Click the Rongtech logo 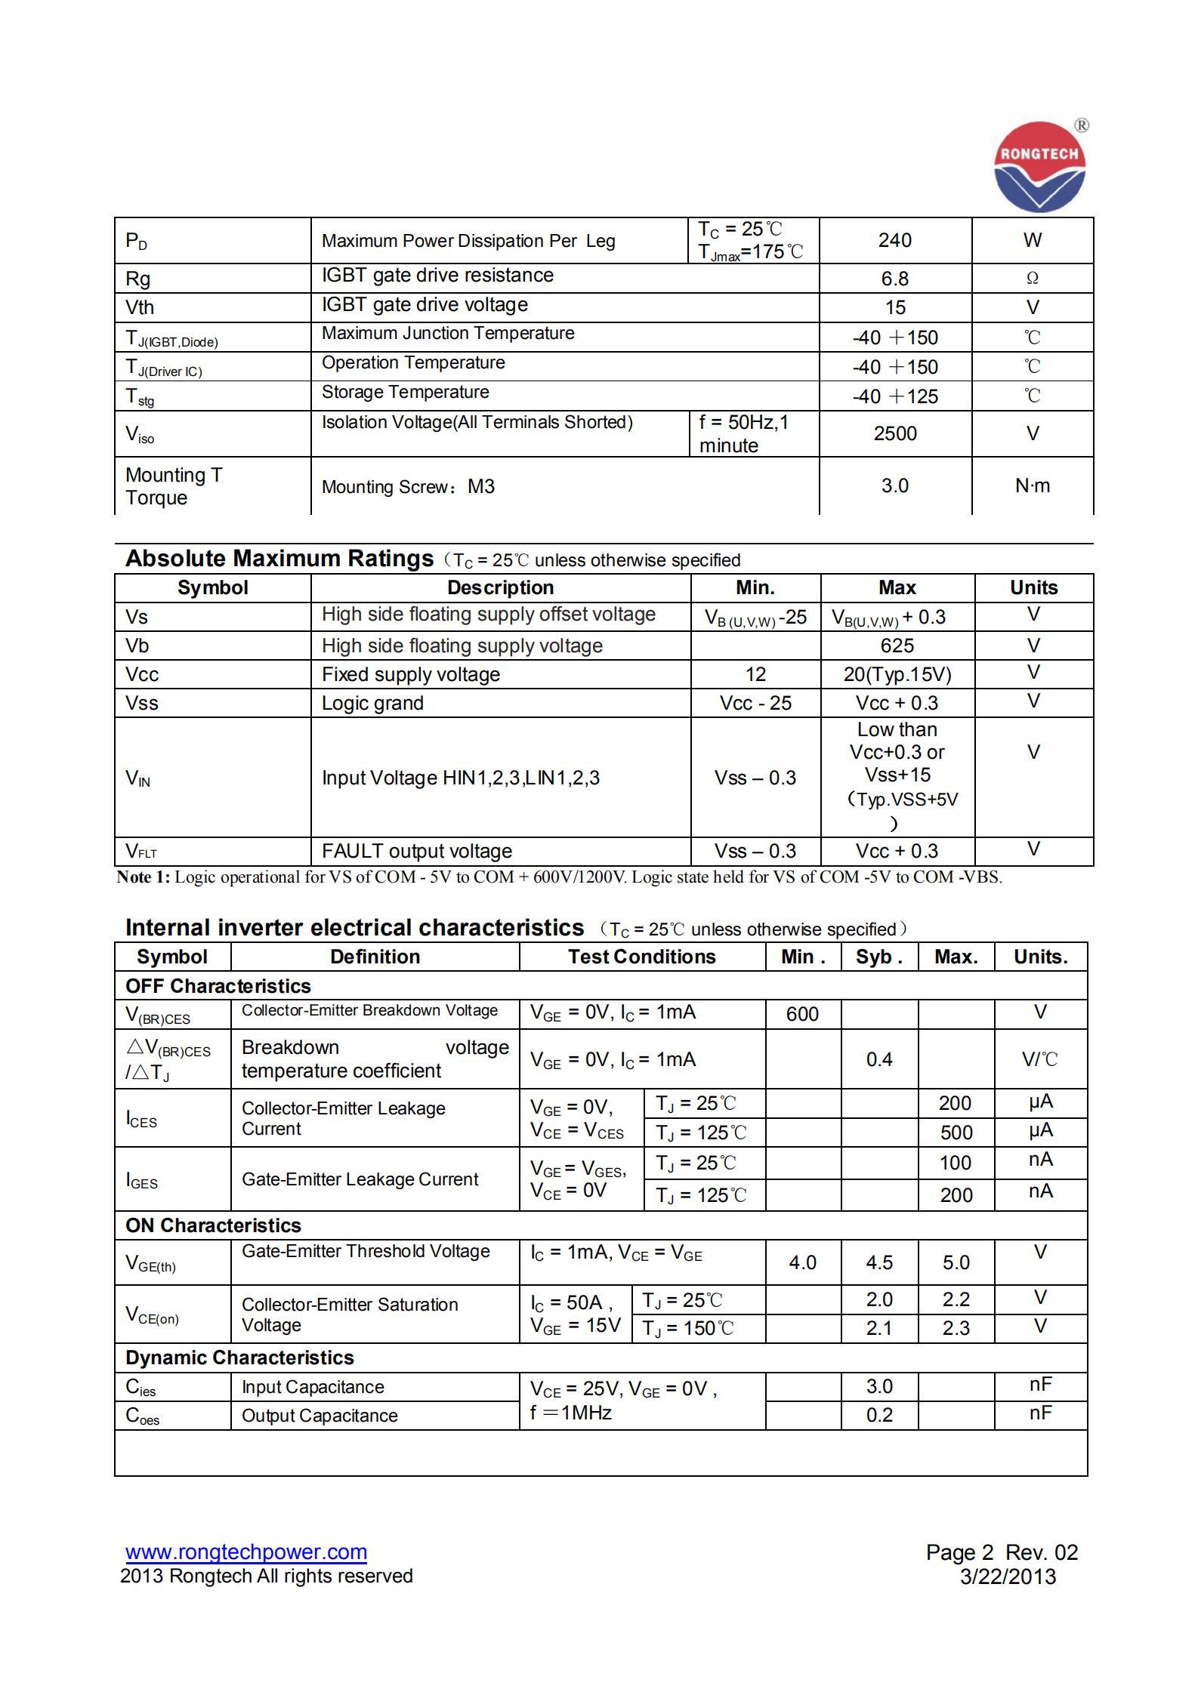point(1039,167)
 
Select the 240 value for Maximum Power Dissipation point(894,240)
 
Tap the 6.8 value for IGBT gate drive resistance point(894,279)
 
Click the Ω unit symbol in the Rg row point(1032,279)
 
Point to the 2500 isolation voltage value point(894,433)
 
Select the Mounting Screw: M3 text point(408,486)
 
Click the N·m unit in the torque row point(1032,485)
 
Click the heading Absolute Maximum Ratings point(279,558)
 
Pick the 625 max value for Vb point(897,646)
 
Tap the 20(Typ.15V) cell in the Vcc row point(897,674)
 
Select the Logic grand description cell point(372,703)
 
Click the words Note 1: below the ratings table point(144,877)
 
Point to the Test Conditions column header point(641,957)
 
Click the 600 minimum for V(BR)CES point(802,1014)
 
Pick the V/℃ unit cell point(1039,1059)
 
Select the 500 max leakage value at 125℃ point(956,1133)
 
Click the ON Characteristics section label point(213,1225)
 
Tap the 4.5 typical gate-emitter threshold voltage point(879,1262)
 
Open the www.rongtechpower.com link point(246,1552)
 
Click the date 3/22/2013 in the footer point(1008,1576)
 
